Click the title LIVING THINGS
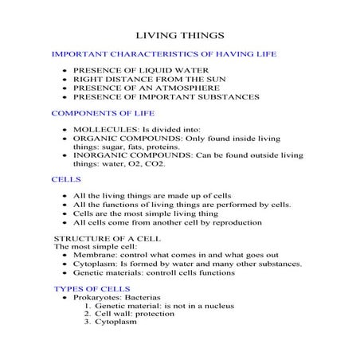(180, 35)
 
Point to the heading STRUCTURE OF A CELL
(100, 239)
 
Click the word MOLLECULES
(102, 129)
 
